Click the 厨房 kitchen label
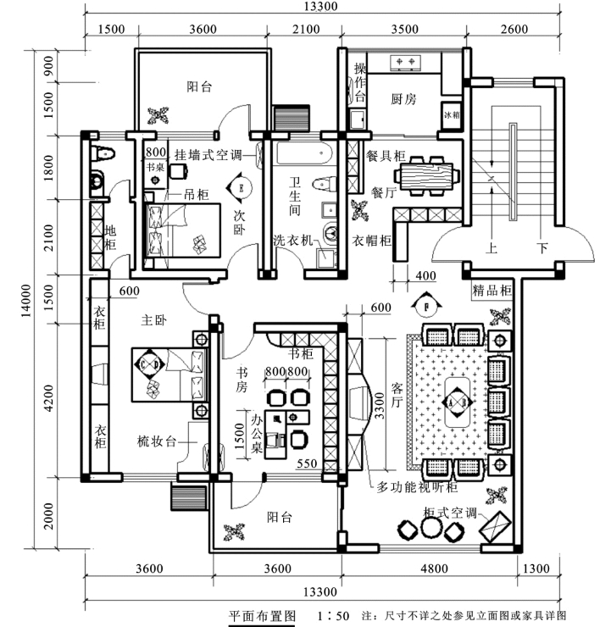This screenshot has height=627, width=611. [x=403, y=99]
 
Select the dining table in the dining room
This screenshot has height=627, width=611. [x=429, y=179]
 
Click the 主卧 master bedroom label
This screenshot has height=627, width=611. [x=153, y=320]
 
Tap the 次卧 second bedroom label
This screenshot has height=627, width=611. [x=240, y=222]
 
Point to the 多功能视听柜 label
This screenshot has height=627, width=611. [x=417, y=487]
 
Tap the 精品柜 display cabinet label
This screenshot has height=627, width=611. [x=492, y=291]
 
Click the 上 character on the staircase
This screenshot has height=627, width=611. [x=490, y=249]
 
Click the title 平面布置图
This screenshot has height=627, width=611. [x=262, y=615]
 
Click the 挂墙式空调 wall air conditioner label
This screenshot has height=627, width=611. [x=208, y=155]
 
